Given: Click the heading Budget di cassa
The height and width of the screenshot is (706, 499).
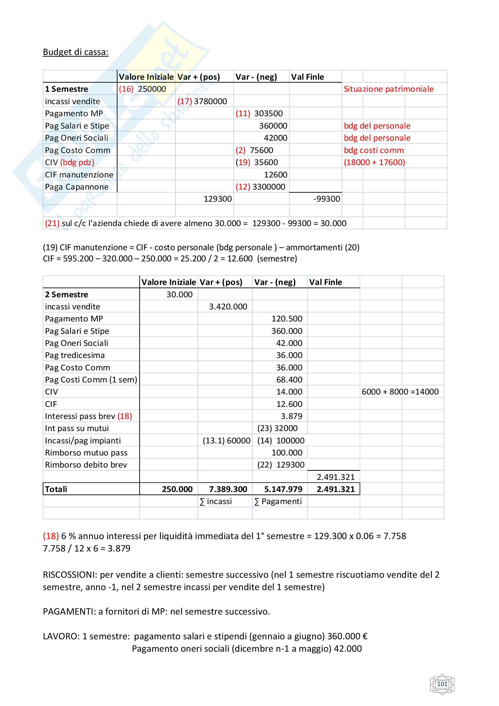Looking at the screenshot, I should coord(76,52).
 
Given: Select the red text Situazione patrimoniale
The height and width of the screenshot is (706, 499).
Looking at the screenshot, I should coord(388,89).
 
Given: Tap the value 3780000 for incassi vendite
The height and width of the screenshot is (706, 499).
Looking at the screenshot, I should coord(210,101).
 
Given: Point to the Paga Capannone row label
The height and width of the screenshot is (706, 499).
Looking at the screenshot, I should coord(77,187).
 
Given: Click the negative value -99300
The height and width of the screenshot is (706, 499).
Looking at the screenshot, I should coord(326,199).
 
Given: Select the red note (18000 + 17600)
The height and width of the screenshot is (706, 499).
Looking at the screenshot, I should coord(374,162).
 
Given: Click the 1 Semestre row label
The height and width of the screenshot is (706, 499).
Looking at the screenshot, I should coord(66,89).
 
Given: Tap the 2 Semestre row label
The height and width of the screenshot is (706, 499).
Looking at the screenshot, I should coord(66,295).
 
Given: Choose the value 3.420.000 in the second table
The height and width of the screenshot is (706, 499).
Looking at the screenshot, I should coord(228,307).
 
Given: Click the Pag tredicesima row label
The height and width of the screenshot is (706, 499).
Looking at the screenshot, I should coord(75,355).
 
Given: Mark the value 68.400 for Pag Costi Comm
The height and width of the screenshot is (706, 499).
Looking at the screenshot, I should coord(289,380).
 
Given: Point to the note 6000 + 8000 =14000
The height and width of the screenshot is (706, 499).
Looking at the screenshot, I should coord(400,392).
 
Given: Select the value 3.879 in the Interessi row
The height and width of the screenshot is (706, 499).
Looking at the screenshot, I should coord(291,416).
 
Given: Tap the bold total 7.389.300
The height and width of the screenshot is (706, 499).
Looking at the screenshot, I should coord(228,489).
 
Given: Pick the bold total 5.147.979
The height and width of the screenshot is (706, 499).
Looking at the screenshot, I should coord(283,489).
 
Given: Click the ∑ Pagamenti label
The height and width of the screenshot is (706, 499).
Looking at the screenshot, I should coord(278,502).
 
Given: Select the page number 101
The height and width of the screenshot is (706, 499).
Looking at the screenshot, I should coord(442,684).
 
